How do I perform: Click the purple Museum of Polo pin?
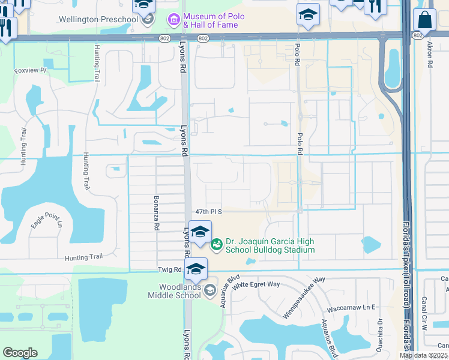pyautogui.click(x=174, y=20)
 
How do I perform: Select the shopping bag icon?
pyautogui.click(x=424, y=20)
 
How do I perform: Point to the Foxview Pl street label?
pyautogui.click(x=30, y=71)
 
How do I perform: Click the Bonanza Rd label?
pyautogui.click(x=156, y=218)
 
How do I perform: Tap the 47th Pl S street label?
pyautogui.click(x=208, y=212)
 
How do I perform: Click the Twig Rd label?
pyautogui.click(x=170, y=271)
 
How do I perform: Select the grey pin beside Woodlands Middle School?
pyautogui.click(x=210, y=291)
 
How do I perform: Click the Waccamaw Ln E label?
pyautogui.click(x=351, y=308)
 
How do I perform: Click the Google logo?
pyautogui.click(x=20, y=353)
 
